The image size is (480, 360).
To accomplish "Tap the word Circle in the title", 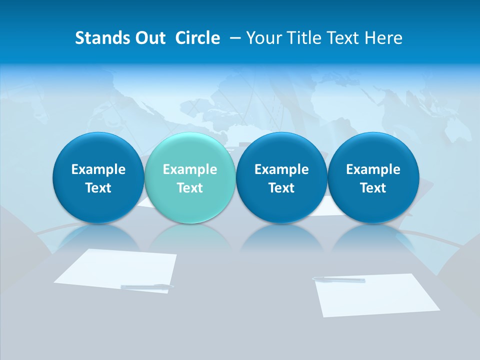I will point(197,38).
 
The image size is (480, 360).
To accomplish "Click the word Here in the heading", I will point(383,38).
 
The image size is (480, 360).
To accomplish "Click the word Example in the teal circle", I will point(189,169).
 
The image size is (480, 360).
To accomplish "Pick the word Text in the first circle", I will point(98,188).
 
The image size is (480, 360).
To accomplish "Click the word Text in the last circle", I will point(373,188).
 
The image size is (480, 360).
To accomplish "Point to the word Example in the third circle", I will point(281,169).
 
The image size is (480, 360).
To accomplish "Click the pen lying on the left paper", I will point(147,286).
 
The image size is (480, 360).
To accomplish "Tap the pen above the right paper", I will point(338,279).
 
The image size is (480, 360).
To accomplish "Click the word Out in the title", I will point(149,38).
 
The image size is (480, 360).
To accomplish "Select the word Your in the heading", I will point(263,38).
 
